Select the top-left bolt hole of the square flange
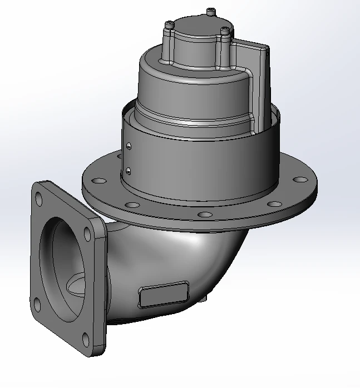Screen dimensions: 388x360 (38, 196)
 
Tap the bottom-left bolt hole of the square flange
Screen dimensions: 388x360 (36, 303)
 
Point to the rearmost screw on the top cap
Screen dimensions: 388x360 (210, 11)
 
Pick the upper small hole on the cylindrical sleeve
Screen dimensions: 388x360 (129, 146)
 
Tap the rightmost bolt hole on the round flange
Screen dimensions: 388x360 (300, 180)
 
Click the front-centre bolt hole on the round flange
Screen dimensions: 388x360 (205, 214)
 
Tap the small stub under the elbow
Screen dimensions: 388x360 (205, 299)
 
